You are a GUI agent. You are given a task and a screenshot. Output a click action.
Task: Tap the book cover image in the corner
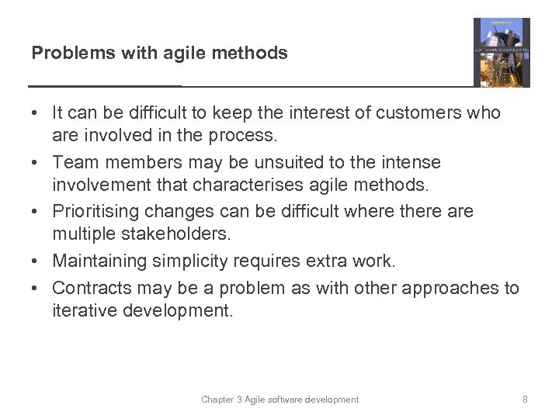502,53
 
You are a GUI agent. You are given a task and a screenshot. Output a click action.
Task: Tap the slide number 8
526,400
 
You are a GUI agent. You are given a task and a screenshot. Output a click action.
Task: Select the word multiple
82,234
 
